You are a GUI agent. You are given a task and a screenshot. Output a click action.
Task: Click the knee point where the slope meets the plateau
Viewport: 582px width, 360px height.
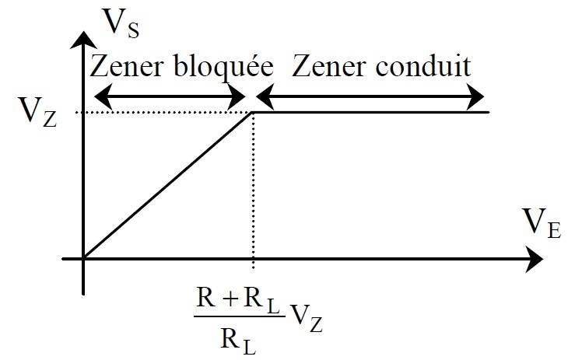pyautogui.click(x=253, y=113)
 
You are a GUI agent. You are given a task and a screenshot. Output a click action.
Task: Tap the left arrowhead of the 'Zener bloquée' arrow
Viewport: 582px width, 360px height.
pyautogui.click(x=99, y=96)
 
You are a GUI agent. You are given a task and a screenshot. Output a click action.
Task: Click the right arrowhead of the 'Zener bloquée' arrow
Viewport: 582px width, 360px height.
pyautogui.click(x=238, y=96)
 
